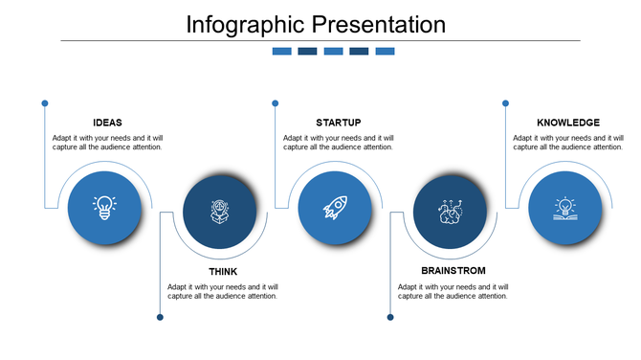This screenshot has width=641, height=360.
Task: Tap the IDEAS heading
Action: coord(107,123)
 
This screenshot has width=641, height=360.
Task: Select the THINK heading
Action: coord(223,272)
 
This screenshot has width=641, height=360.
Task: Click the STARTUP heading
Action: coord(338,123)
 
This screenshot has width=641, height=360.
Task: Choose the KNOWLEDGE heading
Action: coord(568,123)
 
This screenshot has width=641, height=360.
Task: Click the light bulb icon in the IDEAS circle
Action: coord(104,208)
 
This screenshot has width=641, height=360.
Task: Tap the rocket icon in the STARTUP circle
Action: coord(335,208)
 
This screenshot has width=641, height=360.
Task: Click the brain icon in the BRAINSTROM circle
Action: coord(450,212)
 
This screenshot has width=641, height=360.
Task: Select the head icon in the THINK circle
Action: coord(220,212)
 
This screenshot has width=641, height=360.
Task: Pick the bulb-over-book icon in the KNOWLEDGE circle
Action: coord(565,208)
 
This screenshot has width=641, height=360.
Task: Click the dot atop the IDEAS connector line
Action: coord(45,102)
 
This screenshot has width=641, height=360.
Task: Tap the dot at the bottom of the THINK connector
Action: coord(160,317)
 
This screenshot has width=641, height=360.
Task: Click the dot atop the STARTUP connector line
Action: coord(275,102)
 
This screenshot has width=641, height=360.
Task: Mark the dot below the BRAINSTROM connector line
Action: coord(390,317)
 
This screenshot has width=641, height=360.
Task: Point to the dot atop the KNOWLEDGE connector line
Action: coord(505,102)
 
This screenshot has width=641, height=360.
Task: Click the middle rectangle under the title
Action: coord(333,52)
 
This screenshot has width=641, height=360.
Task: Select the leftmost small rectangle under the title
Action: coord(282,52)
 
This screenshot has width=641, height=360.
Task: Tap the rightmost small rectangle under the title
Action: coord(385,52)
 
